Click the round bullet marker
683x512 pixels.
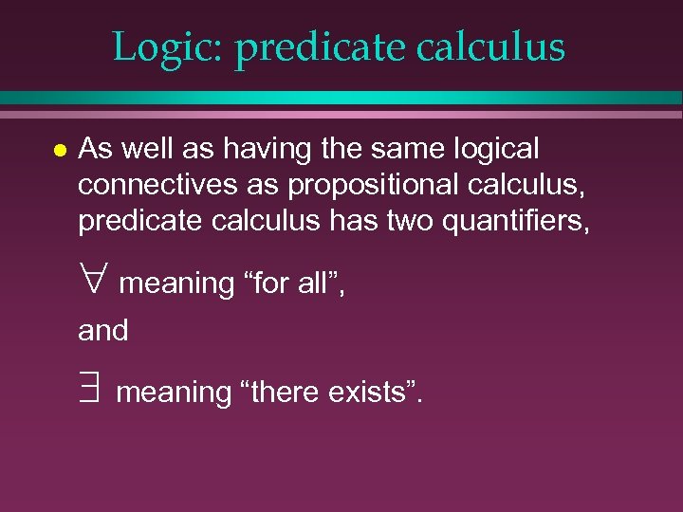point(60,151)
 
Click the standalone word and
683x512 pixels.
point(102,331)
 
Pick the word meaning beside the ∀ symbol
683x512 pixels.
point(177,283)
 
